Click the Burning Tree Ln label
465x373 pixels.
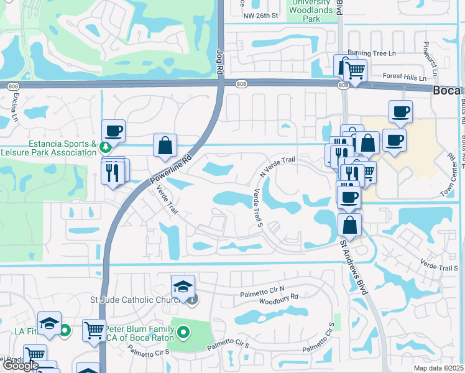coord(372,53)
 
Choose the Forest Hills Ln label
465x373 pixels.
coord(405,78)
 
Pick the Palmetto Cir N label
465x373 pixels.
coord(262,288)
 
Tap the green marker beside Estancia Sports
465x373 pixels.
coord(106,147)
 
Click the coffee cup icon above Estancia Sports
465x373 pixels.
coord(113,131)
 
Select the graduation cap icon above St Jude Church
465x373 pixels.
coord(183,287)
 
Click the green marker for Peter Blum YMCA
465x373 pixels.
coord(182,334)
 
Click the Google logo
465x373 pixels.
coord(21,366)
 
